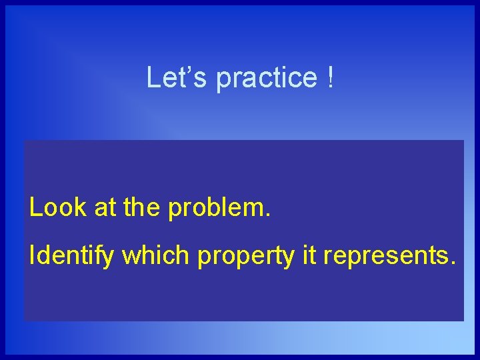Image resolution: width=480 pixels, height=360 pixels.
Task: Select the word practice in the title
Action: pyautogui.click(x=267, y=79)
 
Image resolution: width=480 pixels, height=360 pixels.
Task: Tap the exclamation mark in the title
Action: pyautogui.click(x=331, y=77)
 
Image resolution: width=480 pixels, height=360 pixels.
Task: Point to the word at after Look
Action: pyautogui.click(x=106, y=209)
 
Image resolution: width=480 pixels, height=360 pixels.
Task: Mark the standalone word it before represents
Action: pyautogui.click(x=309, y=255)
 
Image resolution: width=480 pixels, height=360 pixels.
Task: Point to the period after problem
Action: pyautogui.click(x=268, y=217)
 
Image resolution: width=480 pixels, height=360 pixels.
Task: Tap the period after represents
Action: pyautogui.click(x=453, y=264)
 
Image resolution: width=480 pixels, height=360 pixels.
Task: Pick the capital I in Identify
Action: pyautogui.click(x=32, y=255)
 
